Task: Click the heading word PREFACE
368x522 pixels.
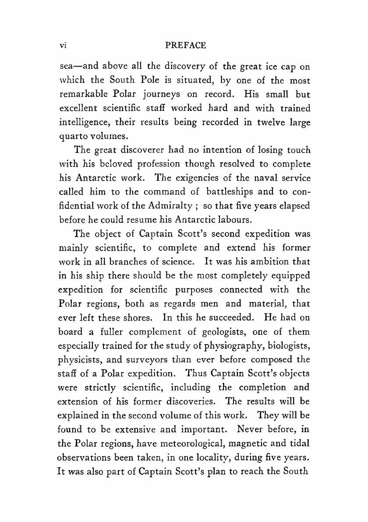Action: (x=183, y=46)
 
